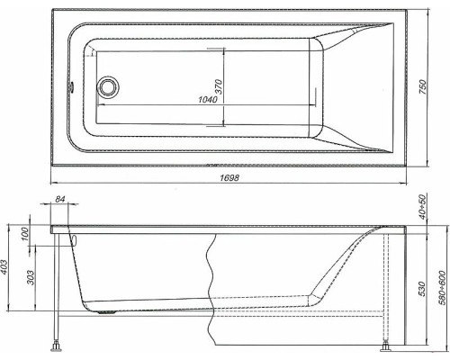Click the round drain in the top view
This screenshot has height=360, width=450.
click(x=110, y=86)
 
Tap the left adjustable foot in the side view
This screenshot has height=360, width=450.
click(x=59, y=343)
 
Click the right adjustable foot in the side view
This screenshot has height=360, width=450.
click(x=389, y=343)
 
